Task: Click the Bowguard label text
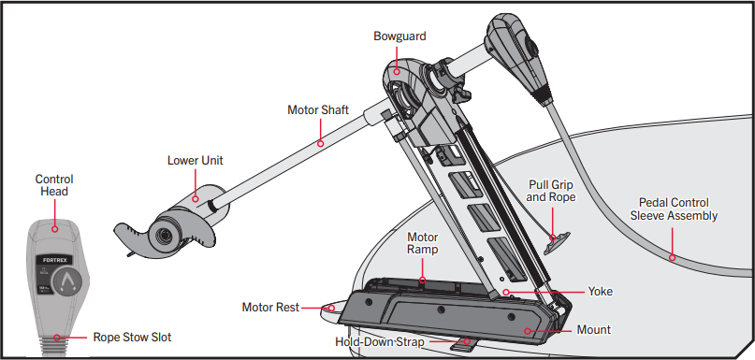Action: click(401, 36)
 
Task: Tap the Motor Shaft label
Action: click(317, 110)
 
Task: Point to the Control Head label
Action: click(54, 185)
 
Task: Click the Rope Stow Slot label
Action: click(131, 338)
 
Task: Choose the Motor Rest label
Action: click(271, 306)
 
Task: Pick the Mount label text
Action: click(594, 329)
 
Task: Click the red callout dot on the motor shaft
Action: click(321, 143)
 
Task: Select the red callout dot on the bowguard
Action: click(397, 69)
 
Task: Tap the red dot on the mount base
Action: click(530, 330)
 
